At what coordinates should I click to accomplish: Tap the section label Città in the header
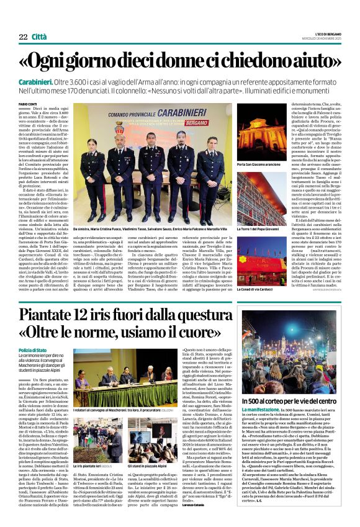point(39,20)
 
